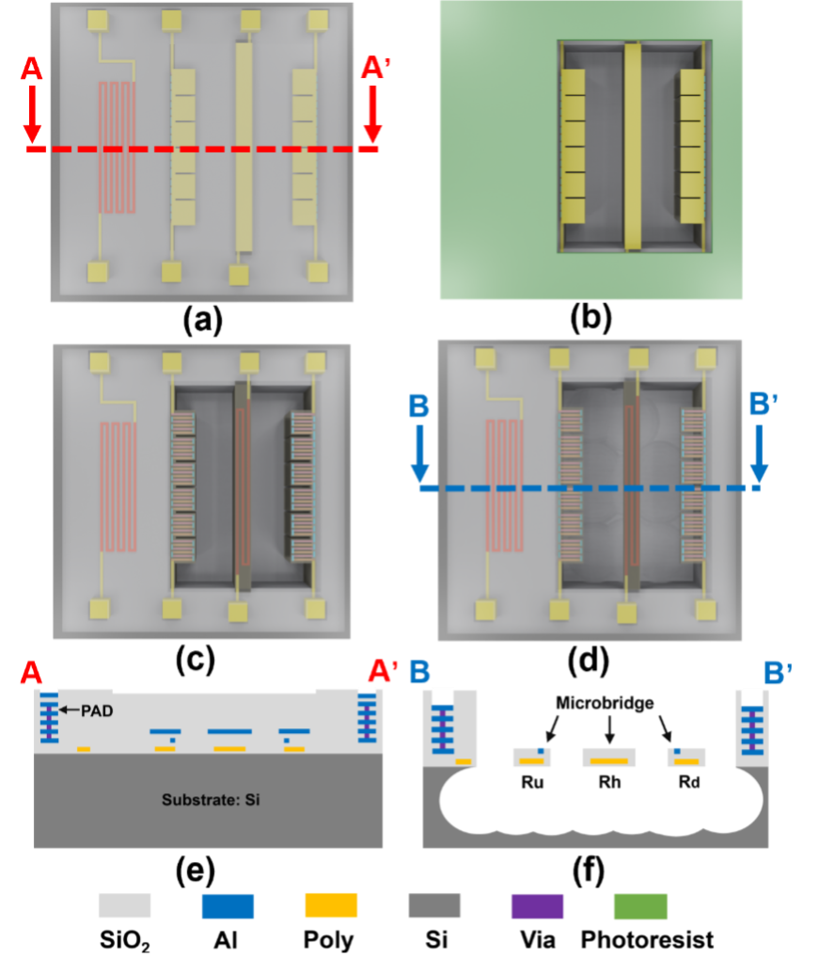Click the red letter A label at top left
[x=32, y=69]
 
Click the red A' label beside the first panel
[x=376, y=69]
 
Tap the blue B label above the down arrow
[x=418, y=407]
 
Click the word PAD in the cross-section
[x=96, y=710]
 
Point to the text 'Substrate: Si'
[x=208, y=801]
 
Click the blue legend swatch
[x=228, y=906]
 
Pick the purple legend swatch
[x=538, y=906]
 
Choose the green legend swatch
[x=641, y=906]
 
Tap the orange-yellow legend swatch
[x=331, y=906]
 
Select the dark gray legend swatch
[x=434, y=906]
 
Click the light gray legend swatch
[x=125, y=906]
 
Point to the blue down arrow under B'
[x=759, y=456]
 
